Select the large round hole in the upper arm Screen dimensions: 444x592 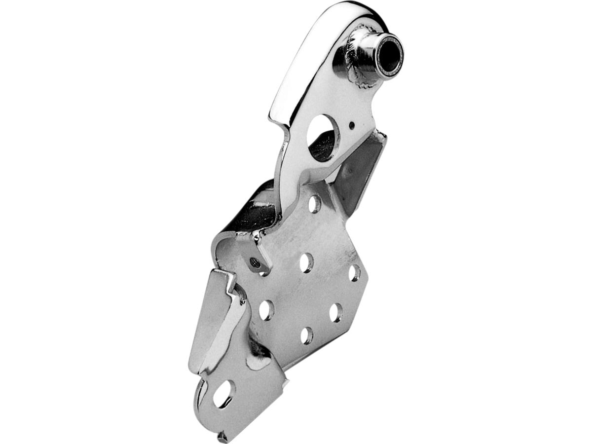click(x=323, y=138)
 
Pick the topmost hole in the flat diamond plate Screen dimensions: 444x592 click(x=314, y=203)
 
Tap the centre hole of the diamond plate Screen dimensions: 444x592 click(x=306, y=262)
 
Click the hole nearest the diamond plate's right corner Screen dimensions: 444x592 click(x=354, y=273)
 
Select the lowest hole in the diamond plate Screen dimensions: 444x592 click(x=306, y=335)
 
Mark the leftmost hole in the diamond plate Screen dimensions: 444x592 click(x=266, y=309)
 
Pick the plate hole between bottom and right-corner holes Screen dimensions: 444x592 click(x=336, y=312)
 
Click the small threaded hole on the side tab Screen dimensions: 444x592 click(x=255, y=263)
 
